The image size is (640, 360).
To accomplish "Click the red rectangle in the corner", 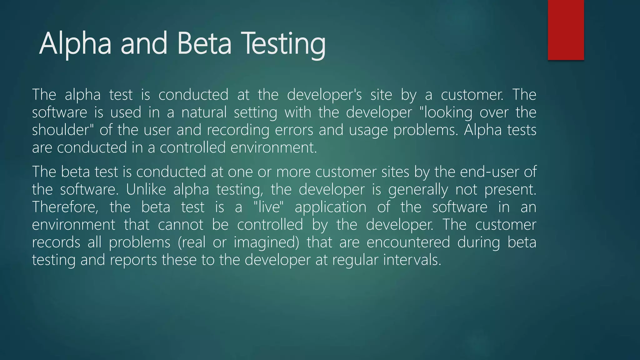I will click(566, 30).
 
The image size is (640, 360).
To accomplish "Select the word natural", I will click(204, 112).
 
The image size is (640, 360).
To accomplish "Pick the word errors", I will click(294, 130).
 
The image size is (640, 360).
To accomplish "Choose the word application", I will click(330, 207).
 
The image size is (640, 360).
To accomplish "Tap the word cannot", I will click(181, 225).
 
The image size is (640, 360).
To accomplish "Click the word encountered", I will click(408, 242).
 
